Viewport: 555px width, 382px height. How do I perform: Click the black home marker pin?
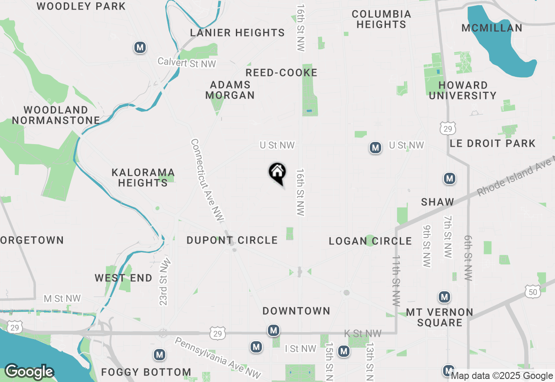click(277, 173)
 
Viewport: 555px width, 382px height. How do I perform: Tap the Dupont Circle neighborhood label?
click(232, 240)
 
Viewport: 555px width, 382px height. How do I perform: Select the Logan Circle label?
click(370, 241)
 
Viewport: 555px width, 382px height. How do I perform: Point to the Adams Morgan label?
click(230, 90)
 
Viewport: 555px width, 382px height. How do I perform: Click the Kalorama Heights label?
click(143, 178)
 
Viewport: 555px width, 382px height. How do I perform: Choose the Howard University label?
click(463, 90)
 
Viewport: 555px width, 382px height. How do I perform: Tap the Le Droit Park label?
click(493, 143)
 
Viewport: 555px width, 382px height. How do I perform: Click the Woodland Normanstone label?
click(56, 115)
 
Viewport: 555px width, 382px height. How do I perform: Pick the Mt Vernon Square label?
click(440, 317)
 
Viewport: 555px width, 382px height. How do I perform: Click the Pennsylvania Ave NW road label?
click(218, 357)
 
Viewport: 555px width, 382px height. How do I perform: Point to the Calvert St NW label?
click(186, 63)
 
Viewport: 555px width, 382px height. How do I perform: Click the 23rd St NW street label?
click(164, 282)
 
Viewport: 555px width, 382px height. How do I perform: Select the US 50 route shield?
click(533, 292)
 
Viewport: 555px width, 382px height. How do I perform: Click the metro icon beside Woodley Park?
click(140, 47)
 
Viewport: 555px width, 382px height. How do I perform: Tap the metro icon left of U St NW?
click(375, 148)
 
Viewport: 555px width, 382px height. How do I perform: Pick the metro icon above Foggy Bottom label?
click(160, 355)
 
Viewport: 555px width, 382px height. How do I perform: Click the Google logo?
click(29, 372)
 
